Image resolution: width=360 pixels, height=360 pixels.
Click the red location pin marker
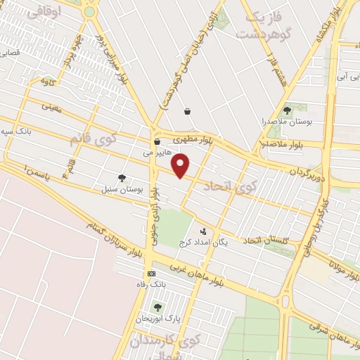[181, 166]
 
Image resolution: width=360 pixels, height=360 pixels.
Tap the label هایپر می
[157, 152]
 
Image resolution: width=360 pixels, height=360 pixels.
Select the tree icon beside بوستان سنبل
[122, 179]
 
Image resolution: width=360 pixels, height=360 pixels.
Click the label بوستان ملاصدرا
[286, 122]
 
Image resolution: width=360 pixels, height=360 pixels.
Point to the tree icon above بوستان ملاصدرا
[286, 110]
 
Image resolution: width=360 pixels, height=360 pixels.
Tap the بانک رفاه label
[153, 285]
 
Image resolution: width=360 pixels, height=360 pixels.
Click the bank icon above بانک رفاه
[151, 274]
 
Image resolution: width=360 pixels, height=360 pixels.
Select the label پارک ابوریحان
[154, 319]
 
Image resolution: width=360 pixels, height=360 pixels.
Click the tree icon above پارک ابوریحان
[157, 307]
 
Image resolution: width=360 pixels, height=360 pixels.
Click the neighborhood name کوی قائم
[89, 137]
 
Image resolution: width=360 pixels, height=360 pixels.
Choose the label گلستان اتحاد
[268, 240]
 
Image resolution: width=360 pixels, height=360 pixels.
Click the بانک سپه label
[15, 131]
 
